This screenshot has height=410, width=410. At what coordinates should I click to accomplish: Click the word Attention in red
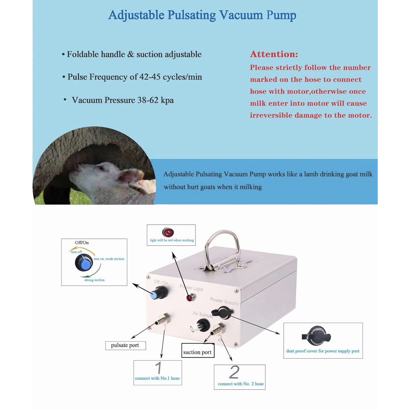tap(274, 54)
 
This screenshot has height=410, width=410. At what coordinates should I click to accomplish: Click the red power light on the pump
tap(190, 298)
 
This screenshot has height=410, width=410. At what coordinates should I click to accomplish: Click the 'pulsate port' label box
tap(126, 345)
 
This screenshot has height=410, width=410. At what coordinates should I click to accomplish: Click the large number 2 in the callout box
tap(234, 372)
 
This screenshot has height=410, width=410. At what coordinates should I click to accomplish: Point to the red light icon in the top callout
tap(168, 232)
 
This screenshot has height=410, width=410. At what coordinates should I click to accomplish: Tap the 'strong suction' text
tap(95, 280)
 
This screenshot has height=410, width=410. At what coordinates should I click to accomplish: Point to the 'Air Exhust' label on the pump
tap(203, 315)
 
